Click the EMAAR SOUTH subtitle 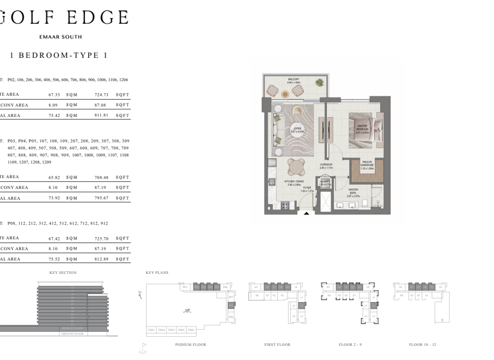(x=60, y=37)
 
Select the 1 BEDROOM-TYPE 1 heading (x=58, y=55)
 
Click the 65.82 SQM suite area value (x=55, y=177)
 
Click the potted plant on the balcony (x=320, y=82)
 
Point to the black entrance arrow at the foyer (x=307, y=213)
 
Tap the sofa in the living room (x=277, y=132)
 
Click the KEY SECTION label (x=62, y=273)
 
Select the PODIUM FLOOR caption (x=190, y=345)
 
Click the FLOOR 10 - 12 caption (x=422, y=345)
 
